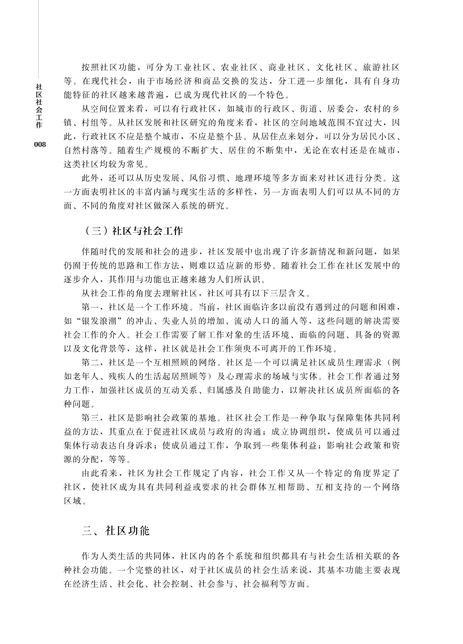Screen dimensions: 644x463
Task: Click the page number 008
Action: click(40, 145)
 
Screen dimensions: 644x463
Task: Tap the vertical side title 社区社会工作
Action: click(39, 106)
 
